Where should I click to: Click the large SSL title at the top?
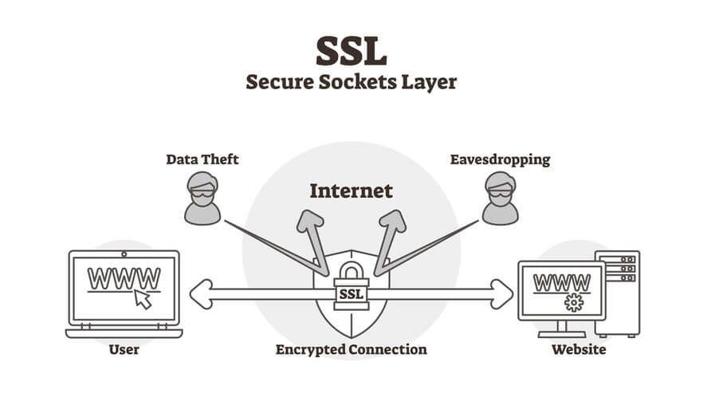pos(351,51)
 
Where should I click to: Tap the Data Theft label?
pos(202,159)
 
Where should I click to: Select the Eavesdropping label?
pos(500,160)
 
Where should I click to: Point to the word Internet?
pos(351,191)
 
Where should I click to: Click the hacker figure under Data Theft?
pos(202,198)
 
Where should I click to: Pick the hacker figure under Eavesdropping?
pos(501,198)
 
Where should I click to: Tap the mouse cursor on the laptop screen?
pos(143,299)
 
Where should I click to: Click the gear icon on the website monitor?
pos(574,303)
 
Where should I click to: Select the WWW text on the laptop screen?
pos(124,278)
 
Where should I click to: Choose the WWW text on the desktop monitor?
pos(562,283)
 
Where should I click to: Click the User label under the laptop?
pos(124,349)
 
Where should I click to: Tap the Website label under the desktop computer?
pos(579,349)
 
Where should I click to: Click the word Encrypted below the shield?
pos(310,350)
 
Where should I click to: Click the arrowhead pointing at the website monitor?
pos(502,294)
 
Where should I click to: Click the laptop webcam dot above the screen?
pos(124,254)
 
